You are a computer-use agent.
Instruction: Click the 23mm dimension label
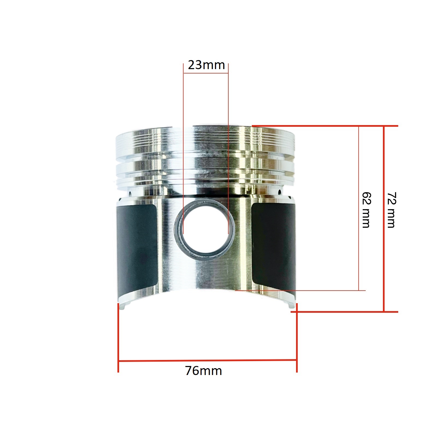click(x=206, y=65)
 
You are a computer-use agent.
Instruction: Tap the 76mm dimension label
click(x=203, y=371)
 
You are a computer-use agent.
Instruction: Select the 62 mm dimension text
click(x=366, y=210)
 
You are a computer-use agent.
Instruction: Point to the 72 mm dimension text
click(x=391, y=210)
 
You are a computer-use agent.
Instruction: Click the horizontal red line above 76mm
click(x=208, y=361)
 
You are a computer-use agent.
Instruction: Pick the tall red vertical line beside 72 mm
click(x=384, y=219)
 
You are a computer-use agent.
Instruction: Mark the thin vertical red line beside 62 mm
click(x=358, y=208)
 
